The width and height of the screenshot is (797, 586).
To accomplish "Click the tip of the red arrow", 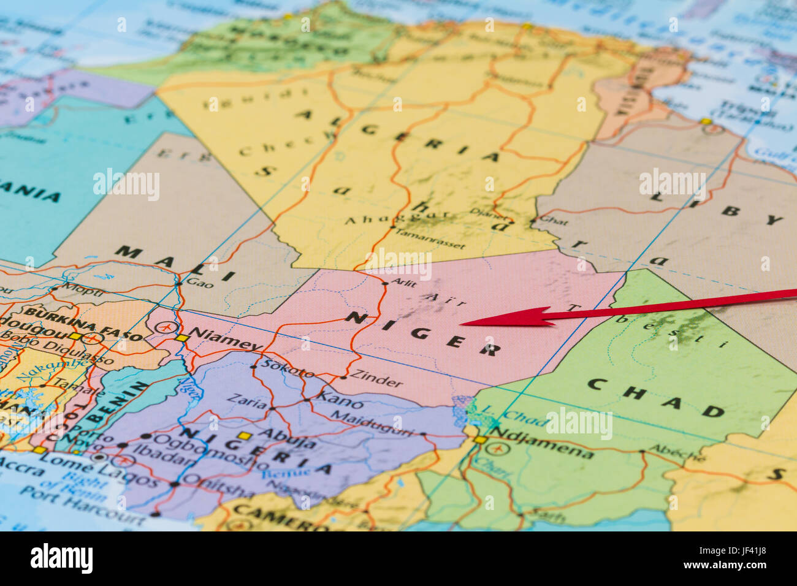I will [x=461, y=323].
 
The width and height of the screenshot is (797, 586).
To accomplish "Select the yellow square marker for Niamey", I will [x=181, y=338].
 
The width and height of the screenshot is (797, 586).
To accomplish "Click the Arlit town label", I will [x=403, y=283].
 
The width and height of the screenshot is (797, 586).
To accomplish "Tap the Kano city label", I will [x=339, y=401].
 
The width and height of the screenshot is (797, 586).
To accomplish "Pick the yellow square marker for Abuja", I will [x=245, y=436].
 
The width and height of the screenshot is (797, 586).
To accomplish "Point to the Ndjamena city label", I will [x=542, y=446].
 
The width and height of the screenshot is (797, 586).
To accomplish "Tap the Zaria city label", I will [x=246, y=401].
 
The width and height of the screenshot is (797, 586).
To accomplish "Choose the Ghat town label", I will [x=554, y=221].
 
